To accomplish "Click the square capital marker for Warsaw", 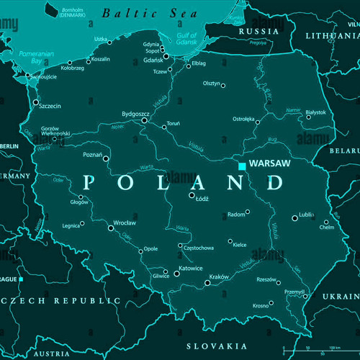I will [x=242, y=166].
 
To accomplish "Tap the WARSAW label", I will [x=269, y=164].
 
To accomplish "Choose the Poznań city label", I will [x=93, y=155].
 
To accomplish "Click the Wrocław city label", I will [x=124, y=223].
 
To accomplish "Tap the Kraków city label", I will [x=218, y=277].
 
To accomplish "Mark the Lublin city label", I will [x=306, y=215].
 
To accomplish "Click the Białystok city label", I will [x=315, y=112].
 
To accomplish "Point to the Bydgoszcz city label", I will [x=135, y=114].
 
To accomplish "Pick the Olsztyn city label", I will [x=211, y=84].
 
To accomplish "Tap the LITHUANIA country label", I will [x=330, y=35].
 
